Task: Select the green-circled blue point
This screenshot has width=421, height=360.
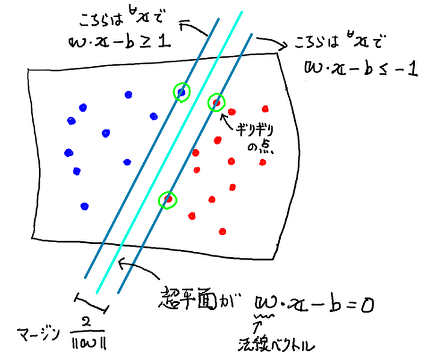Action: [180, 91]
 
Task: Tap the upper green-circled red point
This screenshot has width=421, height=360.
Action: [217, 102]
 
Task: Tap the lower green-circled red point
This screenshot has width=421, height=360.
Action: [169, 198]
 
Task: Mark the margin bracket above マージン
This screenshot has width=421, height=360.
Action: [91, 304]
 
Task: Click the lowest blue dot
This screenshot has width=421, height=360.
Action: [85, 206]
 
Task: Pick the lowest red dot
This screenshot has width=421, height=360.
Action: [223, 231]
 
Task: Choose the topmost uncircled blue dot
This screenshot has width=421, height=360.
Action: [128, 94]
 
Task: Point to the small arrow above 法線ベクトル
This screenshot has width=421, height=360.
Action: [260, 327]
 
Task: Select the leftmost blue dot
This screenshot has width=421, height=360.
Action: [68, 152]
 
